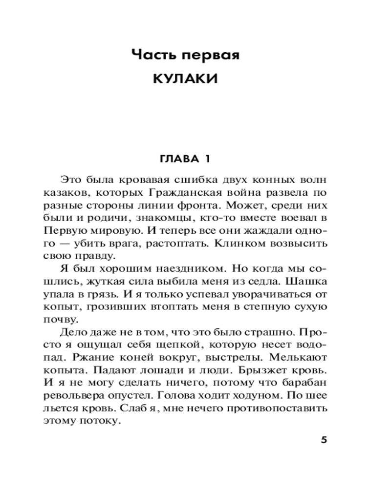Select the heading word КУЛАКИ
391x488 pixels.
point(185,79)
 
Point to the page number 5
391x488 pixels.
point(324,439)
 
